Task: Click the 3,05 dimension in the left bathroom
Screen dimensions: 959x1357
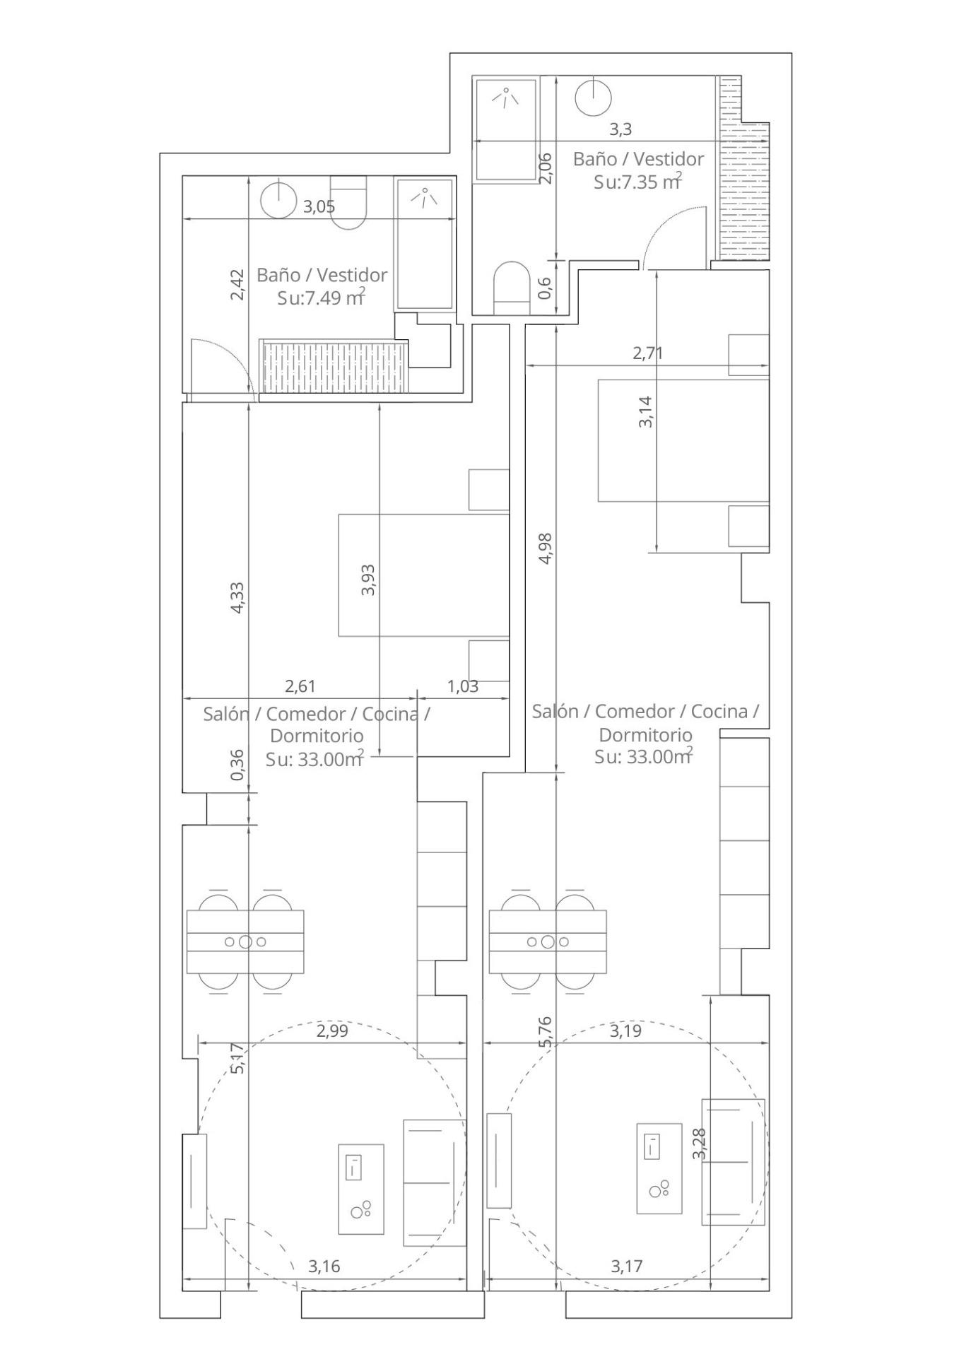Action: point(319,207)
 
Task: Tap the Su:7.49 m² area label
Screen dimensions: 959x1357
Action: point(322,298)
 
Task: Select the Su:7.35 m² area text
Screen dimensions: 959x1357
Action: point(638,182)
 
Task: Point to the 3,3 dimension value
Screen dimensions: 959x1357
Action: point(620,129)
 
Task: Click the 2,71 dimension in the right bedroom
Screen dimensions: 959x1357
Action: point(647,353)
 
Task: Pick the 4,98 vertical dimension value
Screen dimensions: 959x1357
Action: point(545,548)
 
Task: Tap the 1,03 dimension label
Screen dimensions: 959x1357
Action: point(463,686)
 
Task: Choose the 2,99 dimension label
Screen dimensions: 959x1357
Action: point(332,1030)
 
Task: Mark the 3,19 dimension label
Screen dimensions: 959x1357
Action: point(625,1030)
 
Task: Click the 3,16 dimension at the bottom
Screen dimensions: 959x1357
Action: point(324,1266)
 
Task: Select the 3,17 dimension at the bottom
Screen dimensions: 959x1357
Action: point(627,1266)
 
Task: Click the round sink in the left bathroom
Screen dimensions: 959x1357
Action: point(278,200)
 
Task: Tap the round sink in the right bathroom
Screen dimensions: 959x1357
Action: point(593,97)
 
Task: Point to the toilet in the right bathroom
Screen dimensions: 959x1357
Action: point(511,288)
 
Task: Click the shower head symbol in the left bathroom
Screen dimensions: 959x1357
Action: point(423,197)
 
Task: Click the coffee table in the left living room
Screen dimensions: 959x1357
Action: point(361,1189)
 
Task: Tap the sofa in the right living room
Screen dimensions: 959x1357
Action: point(734,1162)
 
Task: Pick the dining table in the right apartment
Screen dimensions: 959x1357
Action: point(548,941)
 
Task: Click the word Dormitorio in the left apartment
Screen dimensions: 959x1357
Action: point(317,735)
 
